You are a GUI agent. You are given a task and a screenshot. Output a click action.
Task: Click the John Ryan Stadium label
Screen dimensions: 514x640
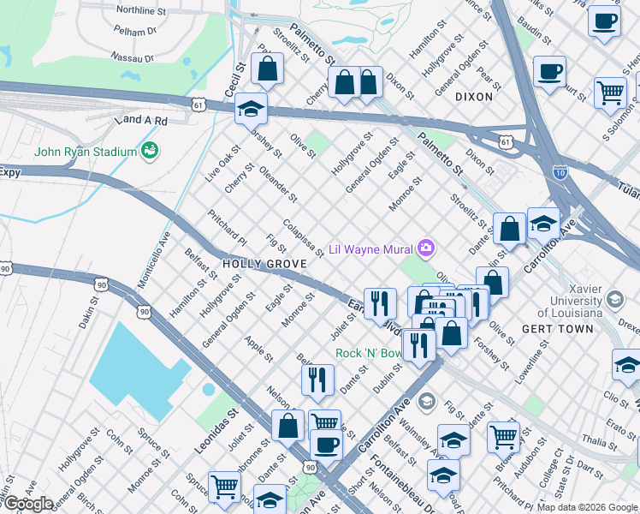[x=86, y=152]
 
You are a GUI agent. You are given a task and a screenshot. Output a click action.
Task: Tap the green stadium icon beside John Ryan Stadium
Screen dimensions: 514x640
[x=151, y=151]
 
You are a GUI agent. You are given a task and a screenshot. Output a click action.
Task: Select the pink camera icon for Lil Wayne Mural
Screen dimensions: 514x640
[x=425, y=248]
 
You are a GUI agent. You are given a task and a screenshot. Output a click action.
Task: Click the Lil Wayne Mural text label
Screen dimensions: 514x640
[x=370, y=248]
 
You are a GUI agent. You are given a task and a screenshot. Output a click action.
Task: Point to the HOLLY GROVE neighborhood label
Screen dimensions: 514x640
[x=258, y=265]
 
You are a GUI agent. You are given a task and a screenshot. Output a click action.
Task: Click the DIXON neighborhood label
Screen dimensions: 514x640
[x=474, y=97]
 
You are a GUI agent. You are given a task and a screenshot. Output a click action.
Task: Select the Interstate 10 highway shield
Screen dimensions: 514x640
[x=560, y=171]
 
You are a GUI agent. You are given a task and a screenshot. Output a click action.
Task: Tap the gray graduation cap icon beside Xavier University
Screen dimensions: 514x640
[x=614, y=300]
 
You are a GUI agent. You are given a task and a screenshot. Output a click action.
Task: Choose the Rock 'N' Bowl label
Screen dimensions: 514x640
[x=368, y=353]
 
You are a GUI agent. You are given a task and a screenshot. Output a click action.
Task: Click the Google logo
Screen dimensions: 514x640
[x=27, y=504]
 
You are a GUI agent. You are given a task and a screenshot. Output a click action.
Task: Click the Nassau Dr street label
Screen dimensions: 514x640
[x=133, y=58]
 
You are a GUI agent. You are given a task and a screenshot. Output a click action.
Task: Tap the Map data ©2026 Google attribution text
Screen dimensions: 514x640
[x=587, y=507]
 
